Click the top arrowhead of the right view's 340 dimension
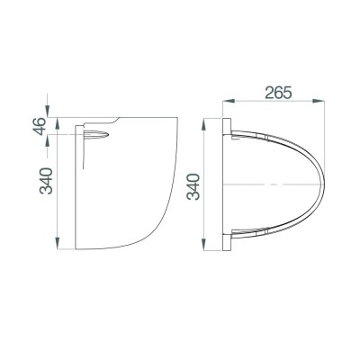tap(212, 121)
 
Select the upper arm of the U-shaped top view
tap(270, 134)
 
